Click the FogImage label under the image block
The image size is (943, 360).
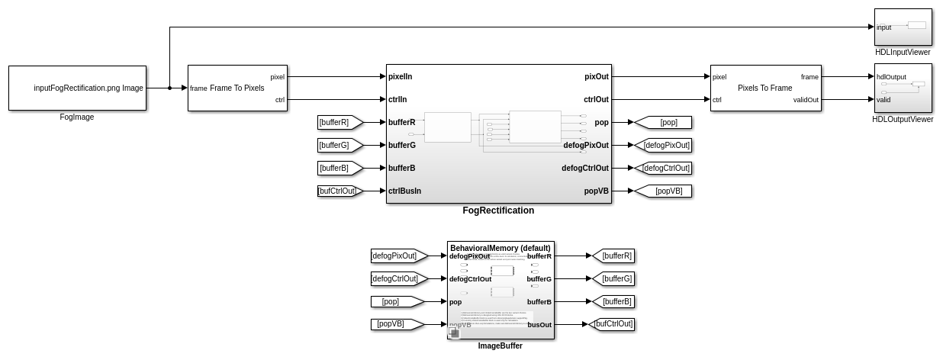(77, 117)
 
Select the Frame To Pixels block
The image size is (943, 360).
(237, 88)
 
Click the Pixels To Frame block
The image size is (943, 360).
(765, 88)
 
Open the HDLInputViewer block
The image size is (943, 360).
(903, 27)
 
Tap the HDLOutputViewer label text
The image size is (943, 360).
(903, 120)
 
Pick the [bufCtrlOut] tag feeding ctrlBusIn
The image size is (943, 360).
(338, 191)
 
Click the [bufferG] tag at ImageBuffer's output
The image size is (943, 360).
(616, 278)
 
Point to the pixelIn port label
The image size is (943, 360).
(401, 76)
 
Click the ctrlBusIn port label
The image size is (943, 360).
(404, 191)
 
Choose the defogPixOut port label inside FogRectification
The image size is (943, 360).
(586, 145)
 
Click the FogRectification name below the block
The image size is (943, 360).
(498, 211)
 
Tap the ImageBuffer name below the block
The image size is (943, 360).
(500, 346)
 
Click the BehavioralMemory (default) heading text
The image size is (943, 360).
(500, 248)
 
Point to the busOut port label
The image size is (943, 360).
(539, 325)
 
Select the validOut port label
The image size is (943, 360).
(806, 99)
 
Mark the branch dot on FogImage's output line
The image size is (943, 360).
(169, 88)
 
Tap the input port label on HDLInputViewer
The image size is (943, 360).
(883, 27)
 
